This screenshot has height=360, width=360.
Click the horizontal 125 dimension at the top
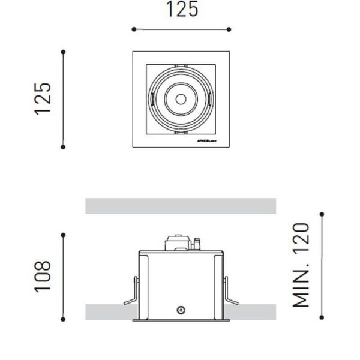[182, 10]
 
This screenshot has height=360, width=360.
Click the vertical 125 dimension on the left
[43, 98]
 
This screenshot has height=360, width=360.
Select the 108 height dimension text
[43, 277]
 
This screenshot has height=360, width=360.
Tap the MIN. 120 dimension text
[301, 265]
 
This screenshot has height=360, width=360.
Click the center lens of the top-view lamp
[181, 98]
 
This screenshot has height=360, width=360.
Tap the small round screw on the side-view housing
[180, 310]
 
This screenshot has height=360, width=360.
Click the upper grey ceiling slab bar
[181, 206]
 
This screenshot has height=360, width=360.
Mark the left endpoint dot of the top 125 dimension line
[134, 29]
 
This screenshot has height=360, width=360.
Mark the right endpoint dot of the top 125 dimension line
[230, 29]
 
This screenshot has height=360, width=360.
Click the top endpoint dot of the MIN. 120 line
[322, 214]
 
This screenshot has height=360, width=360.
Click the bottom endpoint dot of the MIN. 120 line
[322, 317]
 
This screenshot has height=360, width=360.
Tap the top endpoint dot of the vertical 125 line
[63, 52]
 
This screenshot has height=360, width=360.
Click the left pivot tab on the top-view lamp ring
[152, 98]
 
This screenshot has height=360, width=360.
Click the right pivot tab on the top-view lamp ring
[209, 98]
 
